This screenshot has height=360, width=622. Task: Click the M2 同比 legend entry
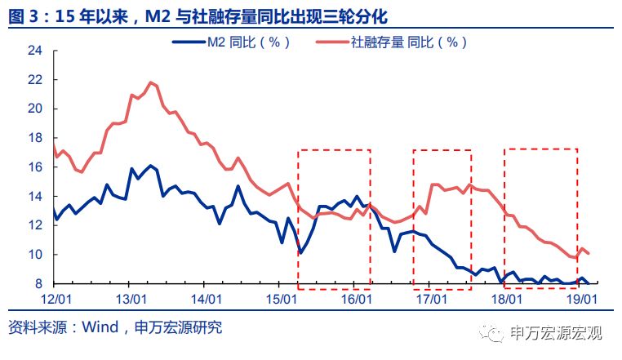246,42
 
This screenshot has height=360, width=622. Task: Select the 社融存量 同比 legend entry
409,42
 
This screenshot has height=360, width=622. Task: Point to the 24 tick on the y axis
35,51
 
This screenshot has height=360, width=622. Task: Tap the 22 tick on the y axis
35,79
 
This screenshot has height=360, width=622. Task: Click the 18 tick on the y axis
35,138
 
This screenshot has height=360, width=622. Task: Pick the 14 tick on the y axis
35,196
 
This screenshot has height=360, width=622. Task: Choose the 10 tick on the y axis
35,255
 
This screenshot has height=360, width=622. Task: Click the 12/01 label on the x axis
54,300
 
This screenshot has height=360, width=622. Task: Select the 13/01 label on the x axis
132,300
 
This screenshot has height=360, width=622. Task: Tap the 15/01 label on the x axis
281,300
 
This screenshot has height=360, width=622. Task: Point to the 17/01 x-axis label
430,300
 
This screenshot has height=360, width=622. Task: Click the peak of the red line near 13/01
151,82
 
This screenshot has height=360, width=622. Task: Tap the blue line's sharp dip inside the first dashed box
300,253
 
